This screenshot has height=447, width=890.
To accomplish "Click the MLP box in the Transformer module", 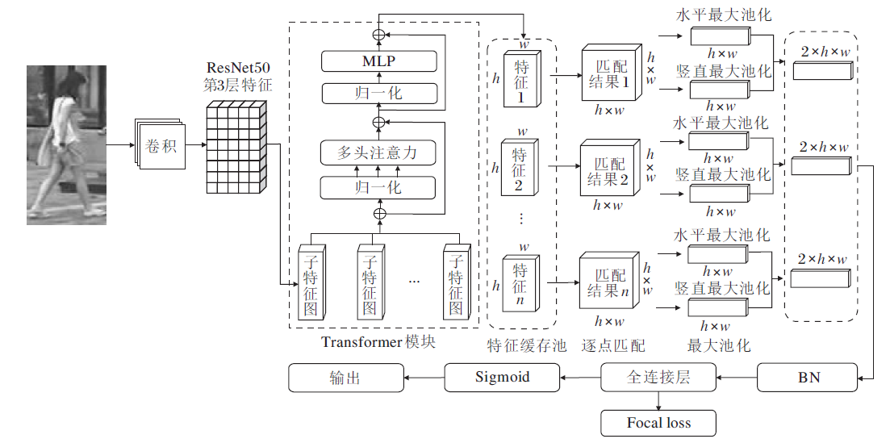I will point(378,61).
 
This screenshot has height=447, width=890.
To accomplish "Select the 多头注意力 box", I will point(378,152).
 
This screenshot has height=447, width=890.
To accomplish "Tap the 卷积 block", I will point(161,146).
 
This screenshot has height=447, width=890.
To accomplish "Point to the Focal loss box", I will point(658,422).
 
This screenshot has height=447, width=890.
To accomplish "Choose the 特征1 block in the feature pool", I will point(520,79).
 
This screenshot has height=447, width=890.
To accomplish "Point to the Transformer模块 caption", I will point(378,341).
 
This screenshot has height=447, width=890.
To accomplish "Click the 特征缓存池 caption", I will point(521,346).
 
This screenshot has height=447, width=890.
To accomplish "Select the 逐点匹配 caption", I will point(613,346).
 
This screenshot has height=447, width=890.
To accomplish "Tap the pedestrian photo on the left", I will point(67,145).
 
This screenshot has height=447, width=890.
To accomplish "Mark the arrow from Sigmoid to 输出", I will point(424,376).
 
